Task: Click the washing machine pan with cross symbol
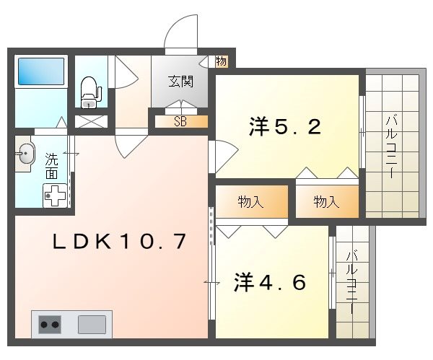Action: point(55,195)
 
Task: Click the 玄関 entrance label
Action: point(181,81)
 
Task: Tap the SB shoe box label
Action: point(180,121)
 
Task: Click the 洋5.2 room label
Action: point(284,128)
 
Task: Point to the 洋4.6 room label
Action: point(270,281)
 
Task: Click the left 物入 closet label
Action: point(250,203)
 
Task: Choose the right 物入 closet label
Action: point(326,203)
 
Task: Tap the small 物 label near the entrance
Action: point(221,61)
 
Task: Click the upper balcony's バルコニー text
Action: point(390,144)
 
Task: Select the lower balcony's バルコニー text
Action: point(351,281)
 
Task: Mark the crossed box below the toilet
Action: point(90,120)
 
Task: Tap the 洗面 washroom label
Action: point(52,164)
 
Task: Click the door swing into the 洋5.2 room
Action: point(224,154)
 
